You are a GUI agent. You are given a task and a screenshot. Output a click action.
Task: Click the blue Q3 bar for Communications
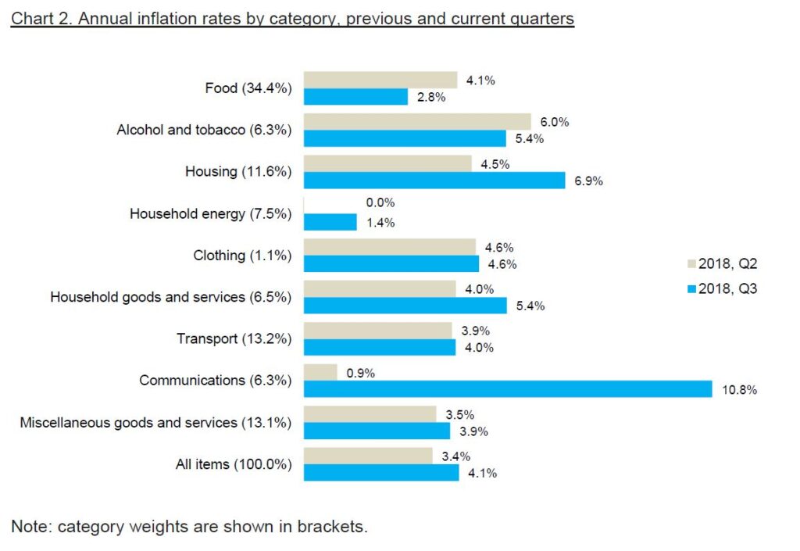(x=508, y=389)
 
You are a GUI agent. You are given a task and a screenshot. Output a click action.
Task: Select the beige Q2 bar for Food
(x=380, y=80)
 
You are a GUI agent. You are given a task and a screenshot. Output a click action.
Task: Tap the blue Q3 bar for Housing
(x=434, y=181)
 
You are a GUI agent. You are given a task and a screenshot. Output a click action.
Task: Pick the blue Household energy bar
(x=330, y=222)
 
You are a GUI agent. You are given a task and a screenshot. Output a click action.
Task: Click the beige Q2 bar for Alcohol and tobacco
(x=417, y=122)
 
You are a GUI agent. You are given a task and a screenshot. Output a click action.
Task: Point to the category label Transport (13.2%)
(x=234, y=338)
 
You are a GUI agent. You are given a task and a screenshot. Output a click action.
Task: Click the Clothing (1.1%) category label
(x=242, y=256)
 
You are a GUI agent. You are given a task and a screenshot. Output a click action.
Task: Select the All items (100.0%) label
(x=234, y=464)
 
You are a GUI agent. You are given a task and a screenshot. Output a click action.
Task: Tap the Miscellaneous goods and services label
(x=155, y=423)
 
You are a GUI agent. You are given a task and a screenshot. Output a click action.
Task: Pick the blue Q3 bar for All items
(x=381, y=473)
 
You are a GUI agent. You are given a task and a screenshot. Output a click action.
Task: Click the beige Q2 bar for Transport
(x=377, y=331)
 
